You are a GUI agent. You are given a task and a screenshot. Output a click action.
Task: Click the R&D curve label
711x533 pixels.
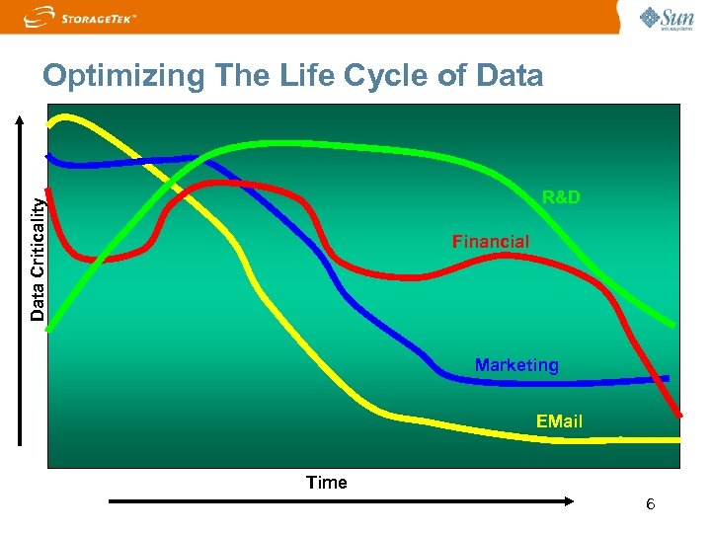click(x=561, y=197)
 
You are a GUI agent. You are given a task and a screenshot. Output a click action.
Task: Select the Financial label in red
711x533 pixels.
click(x=491, y=242)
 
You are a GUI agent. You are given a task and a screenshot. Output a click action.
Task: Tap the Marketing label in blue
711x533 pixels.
click(x=516, y=365)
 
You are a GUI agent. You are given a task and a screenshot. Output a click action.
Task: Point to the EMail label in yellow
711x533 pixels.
click(x=559, y=421)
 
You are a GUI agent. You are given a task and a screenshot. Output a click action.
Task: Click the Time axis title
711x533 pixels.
click(x=327, y=483)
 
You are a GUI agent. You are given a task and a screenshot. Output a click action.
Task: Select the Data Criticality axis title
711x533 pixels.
click(x=37, y=258)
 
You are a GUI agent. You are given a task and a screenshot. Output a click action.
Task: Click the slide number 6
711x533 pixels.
click(x=650, y=505)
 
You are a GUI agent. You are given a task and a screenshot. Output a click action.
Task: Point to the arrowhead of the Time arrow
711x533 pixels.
click(x=568, y=501)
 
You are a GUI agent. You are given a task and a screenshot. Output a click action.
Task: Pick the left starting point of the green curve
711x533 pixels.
click(x=49, y=326)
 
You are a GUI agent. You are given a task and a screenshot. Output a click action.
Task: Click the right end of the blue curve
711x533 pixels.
click(x=668, y=378)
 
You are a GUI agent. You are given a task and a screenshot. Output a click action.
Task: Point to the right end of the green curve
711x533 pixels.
click(x=674, y=324)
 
